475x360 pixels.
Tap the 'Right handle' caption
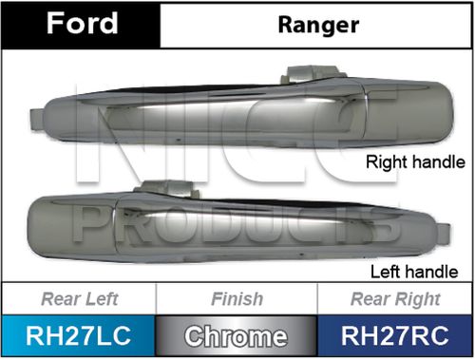(416, 162)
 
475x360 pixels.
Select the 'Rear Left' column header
(79, 300)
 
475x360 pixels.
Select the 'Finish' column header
(237, 300)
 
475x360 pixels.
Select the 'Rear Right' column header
(395, 300)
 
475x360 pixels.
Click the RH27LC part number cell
(79, 336)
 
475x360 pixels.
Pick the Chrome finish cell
(237, 336)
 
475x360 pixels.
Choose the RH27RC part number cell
(395, 336)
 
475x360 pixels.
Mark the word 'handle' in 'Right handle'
(440, 162)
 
